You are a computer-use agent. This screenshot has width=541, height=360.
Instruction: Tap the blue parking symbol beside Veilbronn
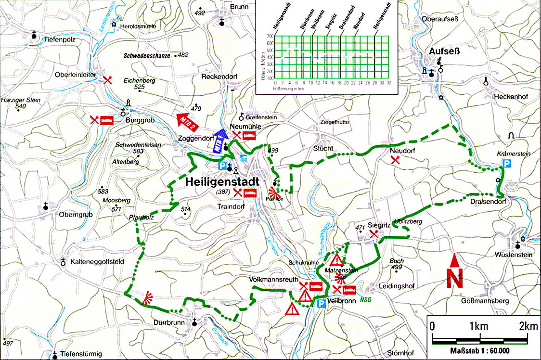pos(320,303)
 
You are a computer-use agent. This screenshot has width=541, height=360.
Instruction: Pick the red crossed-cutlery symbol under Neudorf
pos(395,160)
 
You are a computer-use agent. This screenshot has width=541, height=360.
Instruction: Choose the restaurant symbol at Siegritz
pos(374,234)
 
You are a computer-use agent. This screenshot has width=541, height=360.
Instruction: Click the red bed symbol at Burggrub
pos(106,119)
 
